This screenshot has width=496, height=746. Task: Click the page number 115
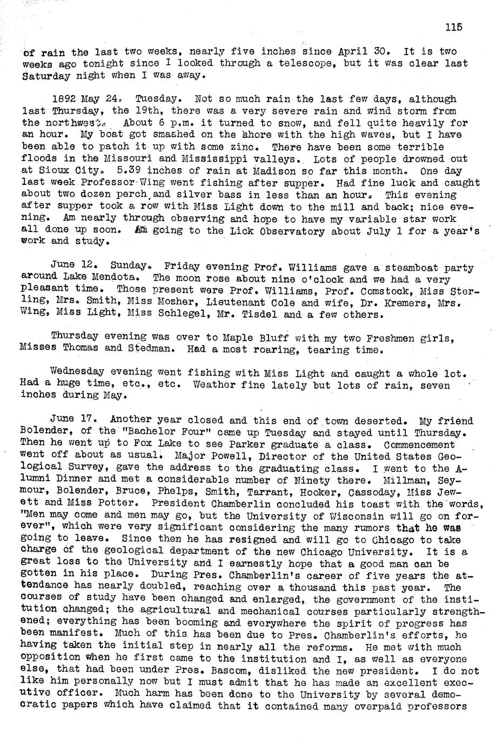point(454,28)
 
